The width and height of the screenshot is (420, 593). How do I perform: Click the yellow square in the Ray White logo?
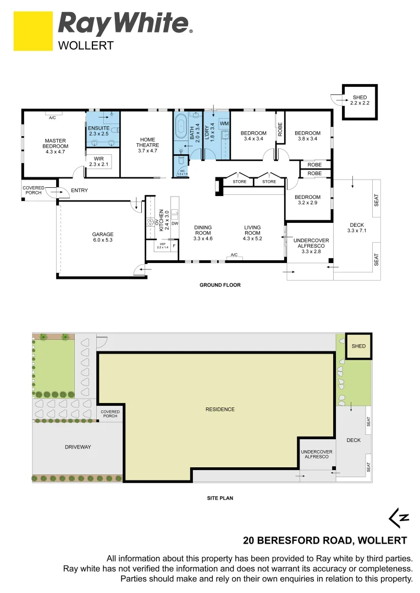pos(32,31)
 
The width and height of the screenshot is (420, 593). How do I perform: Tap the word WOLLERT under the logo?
pos(86,46)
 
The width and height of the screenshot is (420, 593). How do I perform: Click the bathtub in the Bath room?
pos(181,128)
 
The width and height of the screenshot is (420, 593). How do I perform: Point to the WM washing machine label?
pos(224,124)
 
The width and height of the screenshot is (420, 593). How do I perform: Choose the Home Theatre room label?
pos(147,145)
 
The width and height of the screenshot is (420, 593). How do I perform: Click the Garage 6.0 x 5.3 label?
pos(103,237)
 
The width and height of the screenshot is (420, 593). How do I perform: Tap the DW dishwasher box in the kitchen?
pos(175,224)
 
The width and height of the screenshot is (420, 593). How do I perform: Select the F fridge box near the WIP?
pos(174,245)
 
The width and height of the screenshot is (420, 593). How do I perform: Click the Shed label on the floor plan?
pos(360,100)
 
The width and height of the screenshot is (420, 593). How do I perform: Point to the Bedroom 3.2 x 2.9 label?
pos(307,200)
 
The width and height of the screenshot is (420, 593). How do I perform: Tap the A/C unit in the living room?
pos(234,255)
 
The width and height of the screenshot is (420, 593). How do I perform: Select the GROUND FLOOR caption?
pos(220,285)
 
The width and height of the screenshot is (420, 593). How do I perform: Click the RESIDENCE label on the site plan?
pos(220,409)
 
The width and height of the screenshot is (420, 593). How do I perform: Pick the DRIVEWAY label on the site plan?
pos(78,447)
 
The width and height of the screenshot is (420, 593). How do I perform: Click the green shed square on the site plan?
pos(358,346)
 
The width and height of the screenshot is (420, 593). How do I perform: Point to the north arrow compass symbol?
pos(399,517)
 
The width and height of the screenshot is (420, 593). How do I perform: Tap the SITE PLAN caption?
pos(220,498)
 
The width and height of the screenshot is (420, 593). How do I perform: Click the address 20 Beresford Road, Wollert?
pos(325,540)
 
